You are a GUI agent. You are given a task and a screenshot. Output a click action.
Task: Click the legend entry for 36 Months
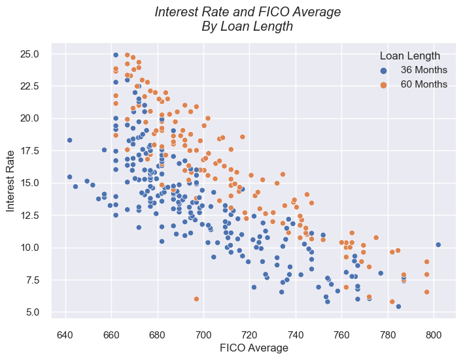tap(424, 70)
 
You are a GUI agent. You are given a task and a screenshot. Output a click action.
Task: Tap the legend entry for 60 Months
tap(424, 84)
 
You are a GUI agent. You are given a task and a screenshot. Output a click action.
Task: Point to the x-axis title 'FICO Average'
tap(252, 348)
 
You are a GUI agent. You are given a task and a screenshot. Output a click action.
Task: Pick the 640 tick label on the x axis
tap(65, 335)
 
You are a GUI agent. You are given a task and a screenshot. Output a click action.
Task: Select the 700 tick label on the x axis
tap(204, 335)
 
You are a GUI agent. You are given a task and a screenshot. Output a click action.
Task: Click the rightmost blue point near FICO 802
tap(438, 245)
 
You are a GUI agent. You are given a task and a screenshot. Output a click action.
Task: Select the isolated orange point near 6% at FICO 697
tap(196, 299)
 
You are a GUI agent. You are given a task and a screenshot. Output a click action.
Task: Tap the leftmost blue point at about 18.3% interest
tap(69, 140)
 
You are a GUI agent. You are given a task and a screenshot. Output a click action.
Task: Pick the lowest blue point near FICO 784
tap(398, 306)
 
